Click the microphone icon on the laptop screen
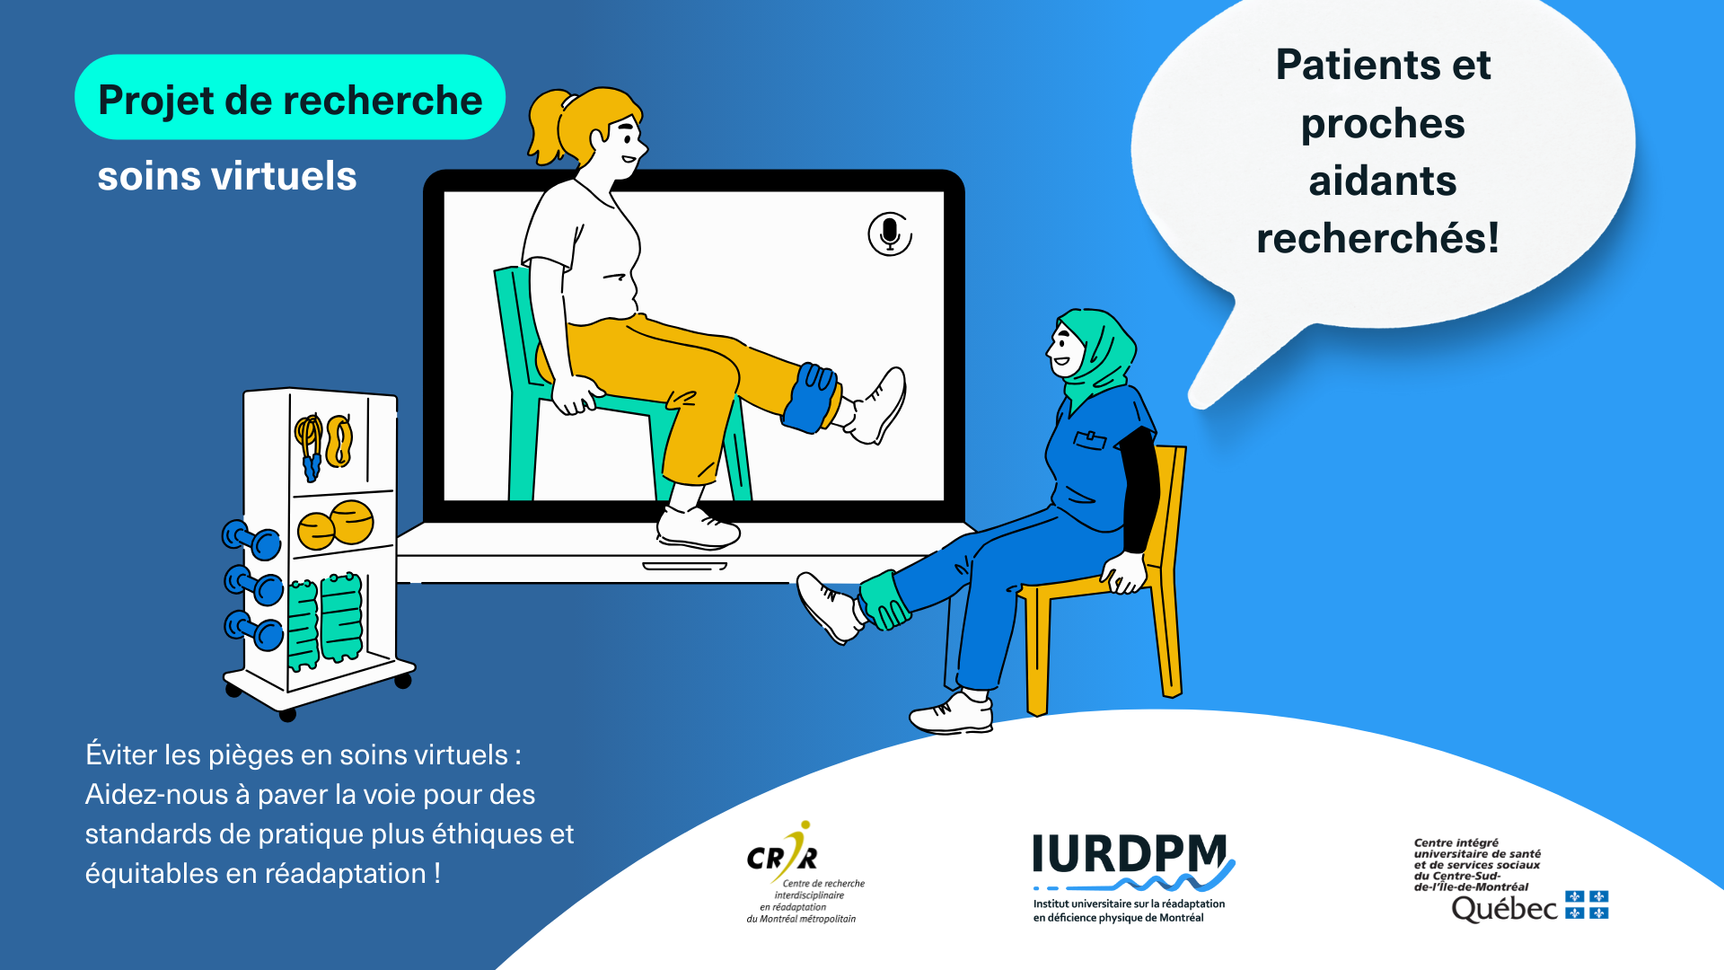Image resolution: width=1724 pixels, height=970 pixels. pyautogui.click(x=890, y=234)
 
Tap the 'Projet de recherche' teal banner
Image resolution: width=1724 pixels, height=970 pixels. pyautogui.click(x=290, y=97)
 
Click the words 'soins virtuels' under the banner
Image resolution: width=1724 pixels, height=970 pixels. pyautogui.click(x=227, y=176)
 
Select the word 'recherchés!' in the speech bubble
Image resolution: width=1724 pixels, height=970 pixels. pyautogui.click(x=1377, y=238)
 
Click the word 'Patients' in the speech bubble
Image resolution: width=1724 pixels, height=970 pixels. pyautogui.click(x=1352, y=65)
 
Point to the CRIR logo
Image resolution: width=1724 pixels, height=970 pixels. pyautogui.click(x=801, y=872)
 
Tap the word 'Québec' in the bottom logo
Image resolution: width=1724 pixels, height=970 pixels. pyautogui.click(x=1504, y=909)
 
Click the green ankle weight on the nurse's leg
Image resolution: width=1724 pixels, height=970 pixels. pyautogui.click(x=884, y=600)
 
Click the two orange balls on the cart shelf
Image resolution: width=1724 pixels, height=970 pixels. pyautogui.click(x=336, y=525)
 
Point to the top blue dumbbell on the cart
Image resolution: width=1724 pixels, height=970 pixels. pyautogui.click(x=251, y=540)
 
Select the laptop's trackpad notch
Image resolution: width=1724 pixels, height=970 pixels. pyautogui.click(x=684, y=566)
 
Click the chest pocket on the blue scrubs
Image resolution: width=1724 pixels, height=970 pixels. pyautogui.click(x=1090, y=440)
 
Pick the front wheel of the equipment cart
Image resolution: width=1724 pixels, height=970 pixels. pyautogui.click(x=287, y=715)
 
